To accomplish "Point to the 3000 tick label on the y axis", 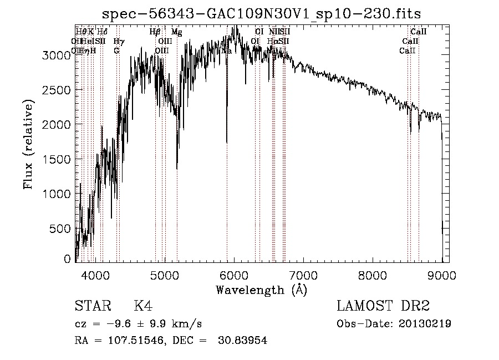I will point(58,55).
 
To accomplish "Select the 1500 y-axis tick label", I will point(58,159).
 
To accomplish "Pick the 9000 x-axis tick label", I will point(441,274).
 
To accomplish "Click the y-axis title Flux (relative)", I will point(28,144).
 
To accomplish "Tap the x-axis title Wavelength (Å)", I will point(261,290).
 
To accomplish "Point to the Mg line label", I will point(176,32).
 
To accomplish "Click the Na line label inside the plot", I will point(226,50).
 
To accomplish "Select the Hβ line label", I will point(155,32).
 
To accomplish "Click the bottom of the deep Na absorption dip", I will point(227,143).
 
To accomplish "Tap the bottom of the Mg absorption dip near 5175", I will point(177,169).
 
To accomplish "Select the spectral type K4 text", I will point(143,306).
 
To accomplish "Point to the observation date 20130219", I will point(424,324).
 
